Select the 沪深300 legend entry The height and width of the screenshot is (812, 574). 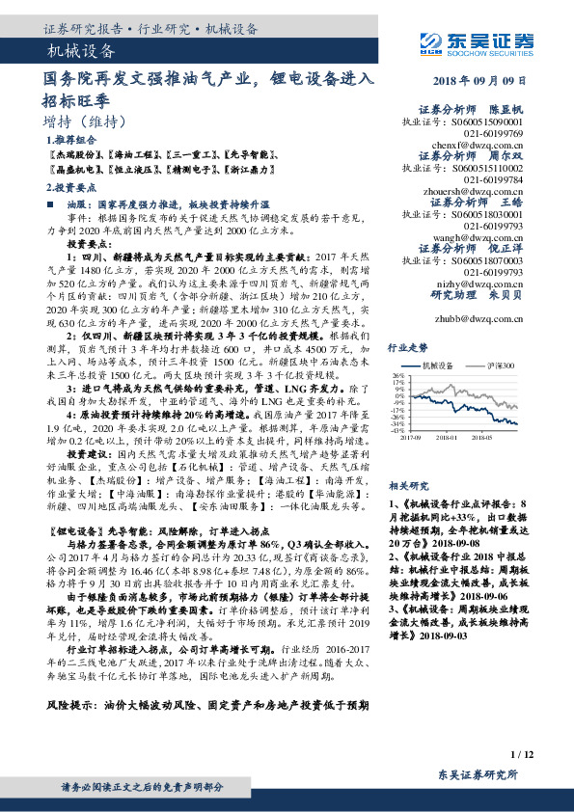click(x=501, y=365)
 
